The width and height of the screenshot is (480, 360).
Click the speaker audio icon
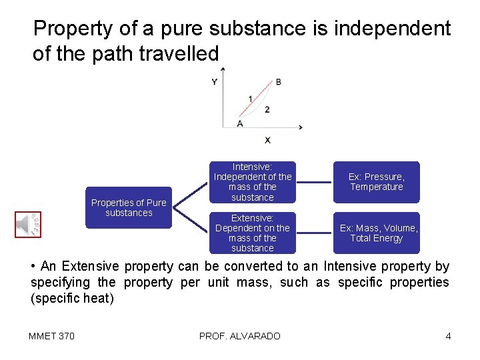tap(28, 224)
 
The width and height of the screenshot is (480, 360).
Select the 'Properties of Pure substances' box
tap(129, 208)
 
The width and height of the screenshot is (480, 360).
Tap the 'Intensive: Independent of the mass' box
tap(252, 182)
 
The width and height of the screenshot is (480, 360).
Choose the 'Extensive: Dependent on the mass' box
tap(252, 233)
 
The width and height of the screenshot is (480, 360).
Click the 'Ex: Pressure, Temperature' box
tap(377, 182)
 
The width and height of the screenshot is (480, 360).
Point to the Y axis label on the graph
tap(214, 82)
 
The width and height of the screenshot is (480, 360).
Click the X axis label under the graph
tap(267, 140)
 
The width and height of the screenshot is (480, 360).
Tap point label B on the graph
tap(278, 82)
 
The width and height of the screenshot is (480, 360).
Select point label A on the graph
tap(239, 123)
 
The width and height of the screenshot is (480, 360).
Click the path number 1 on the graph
tap(250, 99)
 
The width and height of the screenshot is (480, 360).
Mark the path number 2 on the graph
tap(267, 109)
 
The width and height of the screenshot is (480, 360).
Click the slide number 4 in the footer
tap(448, 336)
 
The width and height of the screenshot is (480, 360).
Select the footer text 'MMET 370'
tap(51, 336)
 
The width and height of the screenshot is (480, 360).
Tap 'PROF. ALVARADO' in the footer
tap(239, 336)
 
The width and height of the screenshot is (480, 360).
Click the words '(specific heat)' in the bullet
tap(72, 298)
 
